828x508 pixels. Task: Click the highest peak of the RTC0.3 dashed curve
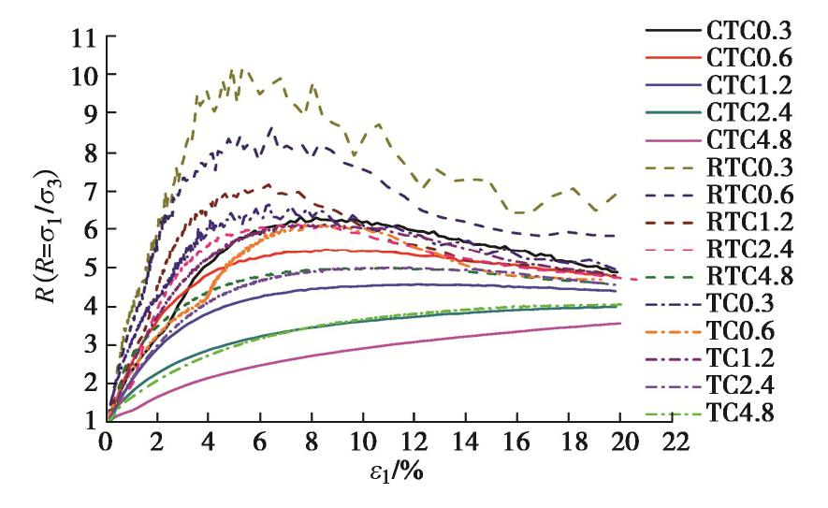click(x=242, y=68)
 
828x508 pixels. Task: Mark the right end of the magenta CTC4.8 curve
click(x=619, y=324)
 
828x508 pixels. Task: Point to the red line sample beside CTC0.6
click(x=670, y=57)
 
